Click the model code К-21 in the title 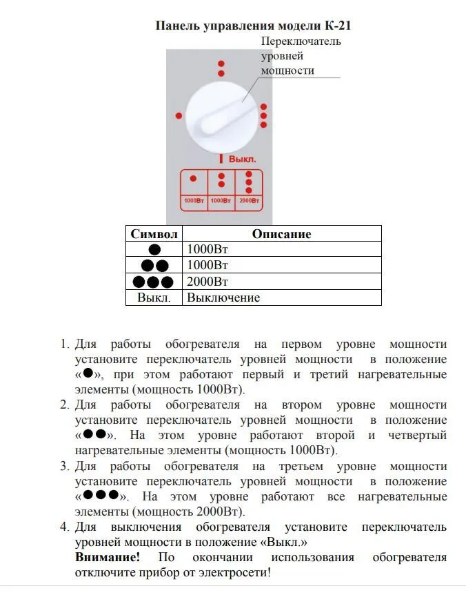(x=339, y=27)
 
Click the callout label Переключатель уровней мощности (x=301, y=56)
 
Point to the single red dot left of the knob (x=180, y=116)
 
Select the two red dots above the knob (x=221, y=68)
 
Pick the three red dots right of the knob (x=263, y=116)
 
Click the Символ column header (x=154, y=234)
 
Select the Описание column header (x=281, y=234)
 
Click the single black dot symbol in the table (x=154, y=250)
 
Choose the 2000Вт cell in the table (x=207, y=282)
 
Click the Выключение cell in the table (x=223, y=297)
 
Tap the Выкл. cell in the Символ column (x=154, y=297)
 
